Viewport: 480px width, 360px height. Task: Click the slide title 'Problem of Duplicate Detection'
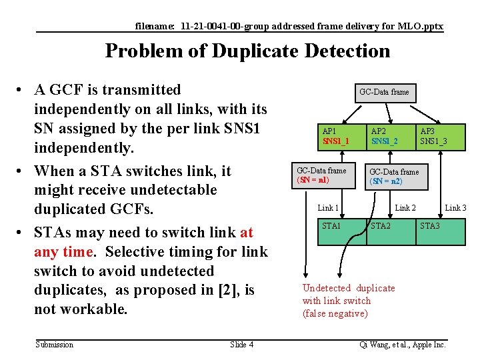point(247,51)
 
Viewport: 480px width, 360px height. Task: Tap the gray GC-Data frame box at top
point(384,92)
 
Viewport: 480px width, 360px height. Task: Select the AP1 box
point(341,136)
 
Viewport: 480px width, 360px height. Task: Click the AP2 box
point(390,136)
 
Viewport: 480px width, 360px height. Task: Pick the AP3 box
point(439,136)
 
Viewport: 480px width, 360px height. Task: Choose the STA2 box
point(390,231)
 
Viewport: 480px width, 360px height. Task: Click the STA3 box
point(439,231)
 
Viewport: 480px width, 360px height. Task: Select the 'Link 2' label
point(405,208)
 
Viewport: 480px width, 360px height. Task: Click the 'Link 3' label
point(455,208)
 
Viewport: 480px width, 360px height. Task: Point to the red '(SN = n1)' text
point(313,180)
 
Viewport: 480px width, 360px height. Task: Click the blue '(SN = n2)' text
point(386,181)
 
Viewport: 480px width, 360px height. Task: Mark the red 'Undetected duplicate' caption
point(348,288)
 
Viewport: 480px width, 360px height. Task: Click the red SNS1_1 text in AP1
point(336,141)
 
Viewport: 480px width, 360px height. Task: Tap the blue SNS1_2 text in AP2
point(385,141)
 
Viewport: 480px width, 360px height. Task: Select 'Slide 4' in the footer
point(241,345)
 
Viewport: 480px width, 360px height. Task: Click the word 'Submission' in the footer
point(55,345)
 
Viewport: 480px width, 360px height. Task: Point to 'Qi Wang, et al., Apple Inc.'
point(402,345)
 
